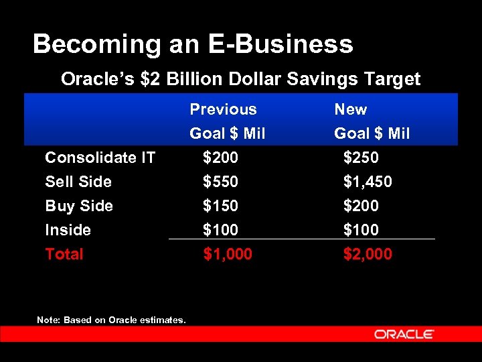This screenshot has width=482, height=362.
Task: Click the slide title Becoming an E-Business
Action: tap(193, 44)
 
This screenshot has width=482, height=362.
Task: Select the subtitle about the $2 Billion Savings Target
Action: tap(240, 79)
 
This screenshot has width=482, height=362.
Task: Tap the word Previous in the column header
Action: tap(223, 109)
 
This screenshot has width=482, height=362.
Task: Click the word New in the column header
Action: tap(351, 109)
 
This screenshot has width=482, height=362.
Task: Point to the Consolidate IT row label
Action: tap(100, 158)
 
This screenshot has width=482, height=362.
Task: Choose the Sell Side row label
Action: tap(78, 182)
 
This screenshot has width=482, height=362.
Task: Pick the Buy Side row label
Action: tap(79, 206)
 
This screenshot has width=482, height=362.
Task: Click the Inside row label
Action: tap(68, 230)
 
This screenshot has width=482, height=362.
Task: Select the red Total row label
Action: tap(64, 254)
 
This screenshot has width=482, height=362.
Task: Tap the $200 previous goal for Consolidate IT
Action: tap(220, 158)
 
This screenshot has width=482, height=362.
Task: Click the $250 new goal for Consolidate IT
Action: tap(361, 158)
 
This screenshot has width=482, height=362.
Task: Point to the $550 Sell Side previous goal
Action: tap(220, 182)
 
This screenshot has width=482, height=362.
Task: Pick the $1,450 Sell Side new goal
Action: tap(368, 182)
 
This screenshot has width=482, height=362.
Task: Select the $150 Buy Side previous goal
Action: tap(220, 206)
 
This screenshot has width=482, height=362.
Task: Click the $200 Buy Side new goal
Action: tap(361, 206)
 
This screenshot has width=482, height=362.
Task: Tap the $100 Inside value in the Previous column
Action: tap(220, 230)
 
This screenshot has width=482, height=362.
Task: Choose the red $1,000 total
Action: tap(228, 254)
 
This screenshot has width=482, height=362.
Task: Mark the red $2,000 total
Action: tap(368, 254)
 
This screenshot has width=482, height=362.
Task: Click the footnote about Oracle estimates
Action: tap(111, 320)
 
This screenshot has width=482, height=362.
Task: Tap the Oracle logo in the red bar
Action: tap(404, 334)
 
